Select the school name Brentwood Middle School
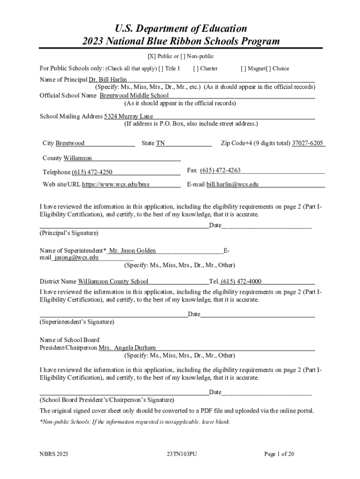[x=134, y=95]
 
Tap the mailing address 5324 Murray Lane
[x=129, y=116]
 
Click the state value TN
[x=160, y=143]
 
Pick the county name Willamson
[x=78, y=158]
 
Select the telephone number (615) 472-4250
[x=92, y=172]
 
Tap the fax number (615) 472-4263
[x=220, y=170]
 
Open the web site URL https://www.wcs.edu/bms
[x=116, y=184]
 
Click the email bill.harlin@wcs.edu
[x=232, y=184]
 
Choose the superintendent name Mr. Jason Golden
[x=132, y=251]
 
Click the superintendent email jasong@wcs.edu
[x=76, y=257]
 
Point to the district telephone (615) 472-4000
[x=241, y=281]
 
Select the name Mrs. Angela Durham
[x=127, y=348]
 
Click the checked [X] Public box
[x=151, y=57]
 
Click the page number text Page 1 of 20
[x=279, y=454]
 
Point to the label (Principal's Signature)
[x=69, y=233]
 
